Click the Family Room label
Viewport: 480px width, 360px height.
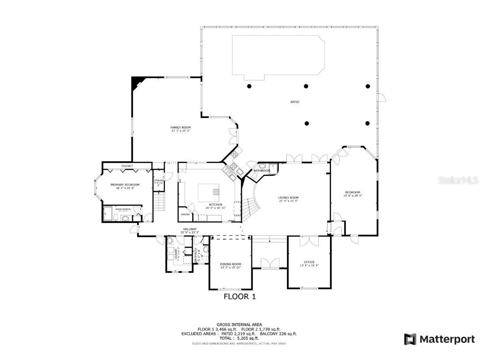[181, 127]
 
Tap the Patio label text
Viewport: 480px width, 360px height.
[295, 102]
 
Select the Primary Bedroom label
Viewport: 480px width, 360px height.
[125, 184]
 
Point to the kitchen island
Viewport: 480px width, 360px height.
[209, 192]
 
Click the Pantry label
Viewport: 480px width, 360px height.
[185, 214]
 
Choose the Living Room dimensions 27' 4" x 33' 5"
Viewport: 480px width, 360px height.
[288, 201]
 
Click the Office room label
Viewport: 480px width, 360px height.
[309, 262]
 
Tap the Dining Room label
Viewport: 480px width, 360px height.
[231, 264]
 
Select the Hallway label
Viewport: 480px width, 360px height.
[190, 229]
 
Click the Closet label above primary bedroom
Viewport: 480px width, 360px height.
[127, 166]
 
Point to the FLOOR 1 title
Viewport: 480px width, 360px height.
[240, 296]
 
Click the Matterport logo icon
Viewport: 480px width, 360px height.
[410, 339]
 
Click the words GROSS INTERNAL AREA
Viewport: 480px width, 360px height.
[239, 325]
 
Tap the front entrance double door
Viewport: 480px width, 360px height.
[269, 263]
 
